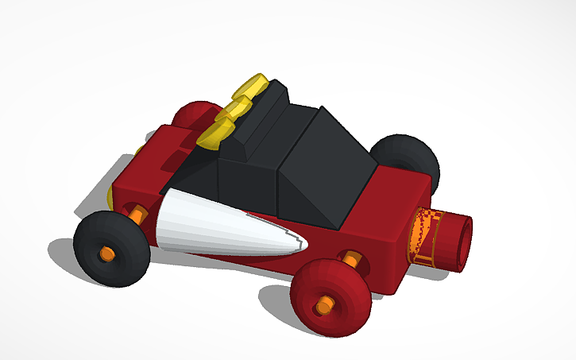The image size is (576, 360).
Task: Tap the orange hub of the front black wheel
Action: point(105,254)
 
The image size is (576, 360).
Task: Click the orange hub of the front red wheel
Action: point(323,305)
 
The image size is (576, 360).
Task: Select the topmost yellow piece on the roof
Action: point(253,86)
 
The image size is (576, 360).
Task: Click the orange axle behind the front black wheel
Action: point(137,214)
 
